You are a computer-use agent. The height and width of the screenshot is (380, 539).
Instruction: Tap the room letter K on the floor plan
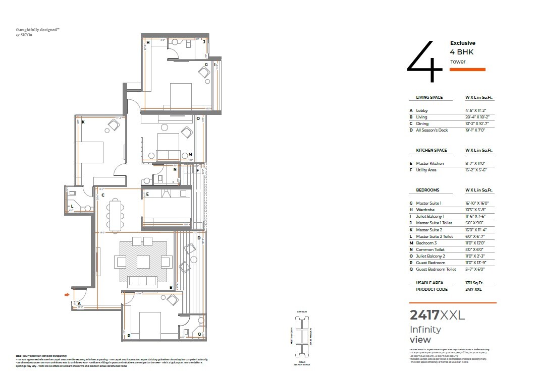click(x=83, y=122)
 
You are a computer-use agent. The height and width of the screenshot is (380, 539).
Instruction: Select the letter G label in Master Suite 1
click(x=206, y=65)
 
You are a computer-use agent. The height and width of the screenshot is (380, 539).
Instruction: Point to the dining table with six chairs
click(x=115, y=215)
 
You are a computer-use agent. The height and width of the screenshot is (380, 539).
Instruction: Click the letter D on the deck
click(x=199, y=237)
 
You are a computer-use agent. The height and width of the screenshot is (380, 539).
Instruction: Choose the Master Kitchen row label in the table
click(x=429, y=163)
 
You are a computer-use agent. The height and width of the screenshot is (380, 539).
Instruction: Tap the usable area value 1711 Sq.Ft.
click(x=475, y=283)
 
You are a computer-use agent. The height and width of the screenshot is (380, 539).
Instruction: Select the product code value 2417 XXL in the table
click(x=474, y=290)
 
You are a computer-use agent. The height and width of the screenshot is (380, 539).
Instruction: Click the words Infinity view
click(x=425, y=335)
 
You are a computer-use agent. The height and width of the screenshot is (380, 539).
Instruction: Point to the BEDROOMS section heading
click(x=427, y=191)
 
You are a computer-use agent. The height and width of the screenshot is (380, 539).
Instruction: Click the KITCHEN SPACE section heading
click(x=431, y=151)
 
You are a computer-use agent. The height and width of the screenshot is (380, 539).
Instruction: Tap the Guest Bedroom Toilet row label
click(x=436, y=270)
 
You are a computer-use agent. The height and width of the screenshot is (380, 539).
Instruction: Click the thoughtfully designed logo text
click(x=37, y=30)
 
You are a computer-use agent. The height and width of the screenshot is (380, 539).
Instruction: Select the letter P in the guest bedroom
click(x=129, y=335)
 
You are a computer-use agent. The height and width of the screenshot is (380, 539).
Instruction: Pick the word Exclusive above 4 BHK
click(x=462, y=43)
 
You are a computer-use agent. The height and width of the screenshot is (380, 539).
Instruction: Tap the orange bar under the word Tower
click(x=467, y=70)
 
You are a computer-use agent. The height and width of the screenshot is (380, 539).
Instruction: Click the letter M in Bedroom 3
click(x=190, y=155)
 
